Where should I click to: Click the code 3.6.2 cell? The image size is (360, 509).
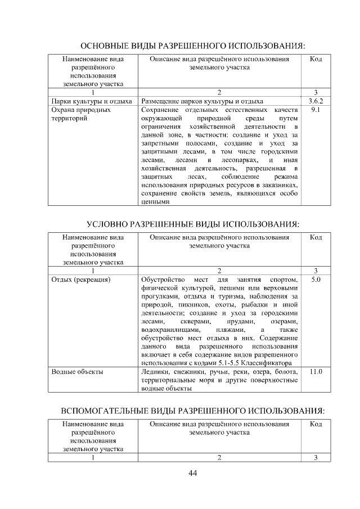click(x=316, y=101)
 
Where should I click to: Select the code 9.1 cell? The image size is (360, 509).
click(x=316, y=110)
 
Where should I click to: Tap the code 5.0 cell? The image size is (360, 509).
click(x=316, y=279)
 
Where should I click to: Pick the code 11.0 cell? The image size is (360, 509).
click(x=316, y=371)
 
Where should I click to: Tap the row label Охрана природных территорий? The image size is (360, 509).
click(x=81, y=115)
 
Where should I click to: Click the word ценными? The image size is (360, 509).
click(x=155, y=203)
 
